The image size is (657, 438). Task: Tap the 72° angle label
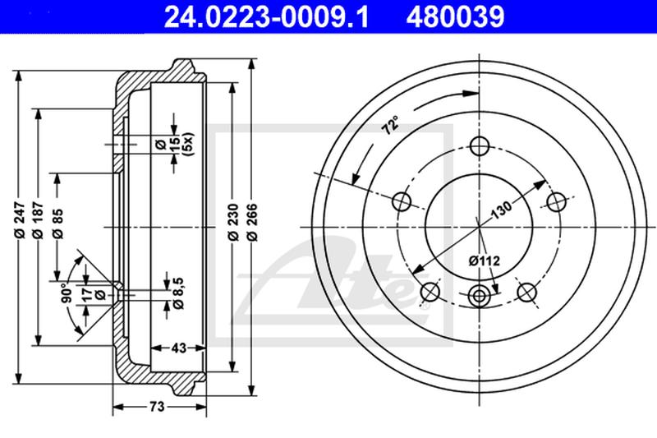pyautogui.click(x=391, y=124)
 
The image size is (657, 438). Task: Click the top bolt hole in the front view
pyautogui.click(x=480, y=147)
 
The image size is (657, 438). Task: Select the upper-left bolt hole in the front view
pyautogui.click(x=402, y=201)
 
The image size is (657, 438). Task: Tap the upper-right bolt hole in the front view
pyautogui.click(x=558, y=201)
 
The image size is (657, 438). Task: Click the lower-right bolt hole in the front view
pyautogui.click(x=527, y=292)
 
